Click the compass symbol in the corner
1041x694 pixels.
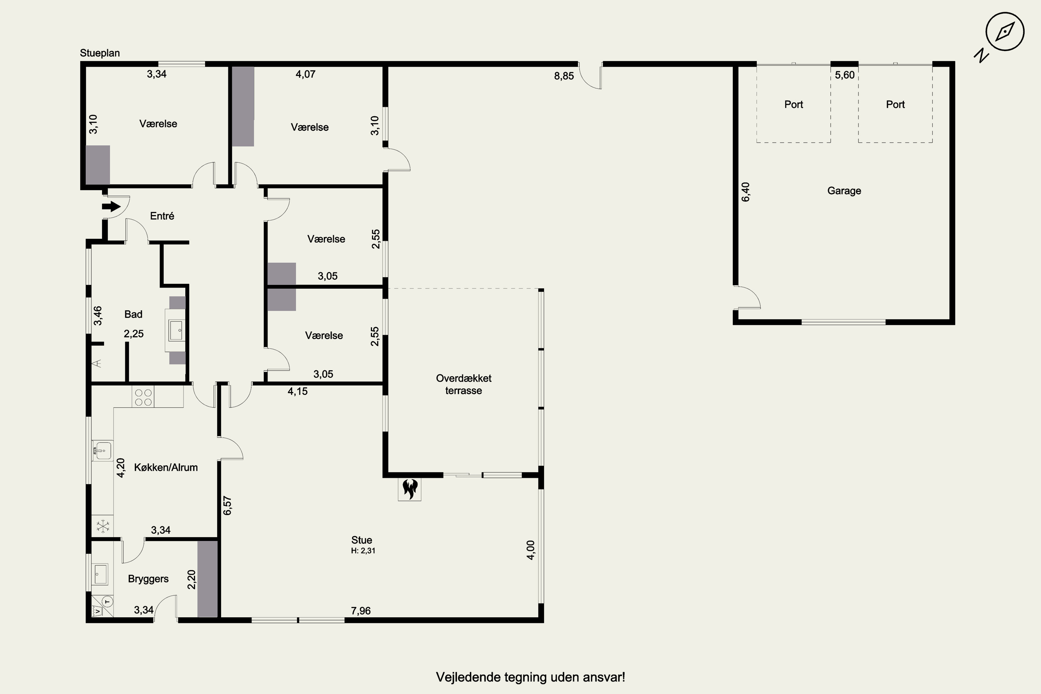(1005, 32)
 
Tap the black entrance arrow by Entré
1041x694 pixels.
(111, 206)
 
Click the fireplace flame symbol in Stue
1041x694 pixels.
(410, 489)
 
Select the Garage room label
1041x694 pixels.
(844, 191)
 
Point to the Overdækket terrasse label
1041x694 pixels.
(463, 384)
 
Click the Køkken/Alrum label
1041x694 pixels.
(166, 467)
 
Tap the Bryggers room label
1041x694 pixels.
(148, 579)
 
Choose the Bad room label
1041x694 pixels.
(133, 314)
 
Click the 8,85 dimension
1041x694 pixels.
(564, 76)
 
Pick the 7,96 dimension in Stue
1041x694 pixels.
(361, 611)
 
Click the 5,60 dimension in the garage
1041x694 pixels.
(845, 75)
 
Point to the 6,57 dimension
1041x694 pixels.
(228, 506)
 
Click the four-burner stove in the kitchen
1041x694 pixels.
(143, 397)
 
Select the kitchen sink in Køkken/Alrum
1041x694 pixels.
(102, 451)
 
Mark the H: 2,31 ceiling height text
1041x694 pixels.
(363, 551)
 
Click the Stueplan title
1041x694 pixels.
(100, 53)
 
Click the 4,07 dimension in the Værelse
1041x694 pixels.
(305, 74)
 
